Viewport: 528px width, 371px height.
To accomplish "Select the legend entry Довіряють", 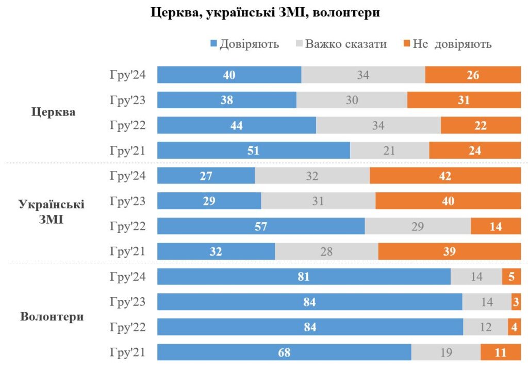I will (x=245, y=44).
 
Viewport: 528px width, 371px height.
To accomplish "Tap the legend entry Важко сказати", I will (x=340, y=44).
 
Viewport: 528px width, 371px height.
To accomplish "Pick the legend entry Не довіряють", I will (x=447, y=44).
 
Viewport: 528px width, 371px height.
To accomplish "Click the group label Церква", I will (x=53, y=112).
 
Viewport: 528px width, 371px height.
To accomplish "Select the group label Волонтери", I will (x=52, y=316).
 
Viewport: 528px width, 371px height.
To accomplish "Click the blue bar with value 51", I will (x=253, y=150).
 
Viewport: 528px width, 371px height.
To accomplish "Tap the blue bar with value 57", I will (x=261, y=226).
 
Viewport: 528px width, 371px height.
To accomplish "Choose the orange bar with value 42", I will (x=445, y=176).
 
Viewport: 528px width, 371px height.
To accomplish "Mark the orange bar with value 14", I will (x=496, y=226).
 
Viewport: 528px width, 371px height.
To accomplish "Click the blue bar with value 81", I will (x=304, y=277).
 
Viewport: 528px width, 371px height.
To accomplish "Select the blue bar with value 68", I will (x=284, y=353).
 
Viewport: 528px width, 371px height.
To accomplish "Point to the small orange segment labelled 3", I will (x=516, y=302).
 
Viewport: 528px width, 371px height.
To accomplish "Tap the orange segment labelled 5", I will (x=511, y=277).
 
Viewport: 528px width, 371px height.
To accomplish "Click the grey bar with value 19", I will (x=445, y=353).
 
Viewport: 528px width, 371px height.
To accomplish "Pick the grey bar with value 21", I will (x=389, y=150).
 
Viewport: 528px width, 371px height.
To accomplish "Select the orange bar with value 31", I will (x=464, y=100).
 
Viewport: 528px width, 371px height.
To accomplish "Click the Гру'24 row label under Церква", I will (x=127, y=75).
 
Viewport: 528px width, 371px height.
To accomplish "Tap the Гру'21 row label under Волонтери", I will (x=127, y=353).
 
